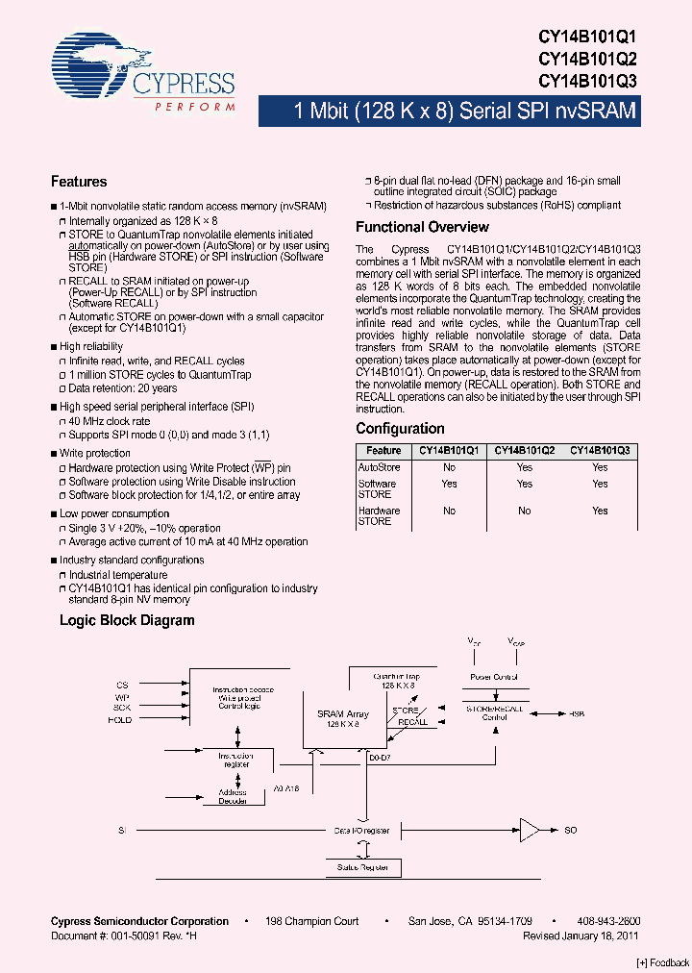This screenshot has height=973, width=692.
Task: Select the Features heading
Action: coord(79,182)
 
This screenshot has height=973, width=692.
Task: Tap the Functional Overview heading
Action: coord(422,227)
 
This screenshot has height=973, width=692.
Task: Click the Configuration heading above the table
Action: coord(400,429)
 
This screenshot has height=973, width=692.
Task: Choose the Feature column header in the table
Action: coord(383,450)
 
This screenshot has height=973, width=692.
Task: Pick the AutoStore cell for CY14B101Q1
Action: coord(449,467)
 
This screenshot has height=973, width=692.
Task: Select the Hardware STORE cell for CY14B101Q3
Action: coord(600,511)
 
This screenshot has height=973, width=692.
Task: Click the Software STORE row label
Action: coord(377,488)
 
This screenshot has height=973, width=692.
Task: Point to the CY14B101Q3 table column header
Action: coord(600,450)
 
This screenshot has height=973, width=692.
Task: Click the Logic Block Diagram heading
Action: coord(127,620)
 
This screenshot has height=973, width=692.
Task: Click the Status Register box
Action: coord(361,867)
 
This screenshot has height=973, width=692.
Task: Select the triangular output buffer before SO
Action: coord(530,829)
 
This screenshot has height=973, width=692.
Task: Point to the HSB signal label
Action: coord(577,714)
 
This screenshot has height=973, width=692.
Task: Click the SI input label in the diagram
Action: coord(122,829)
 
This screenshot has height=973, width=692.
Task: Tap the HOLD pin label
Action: coord(120,719)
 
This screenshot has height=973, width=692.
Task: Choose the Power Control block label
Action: coord(494,677)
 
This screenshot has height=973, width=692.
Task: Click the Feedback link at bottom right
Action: coord(663,962)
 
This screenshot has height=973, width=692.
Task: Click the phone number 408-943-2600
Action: coord(608,921)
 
